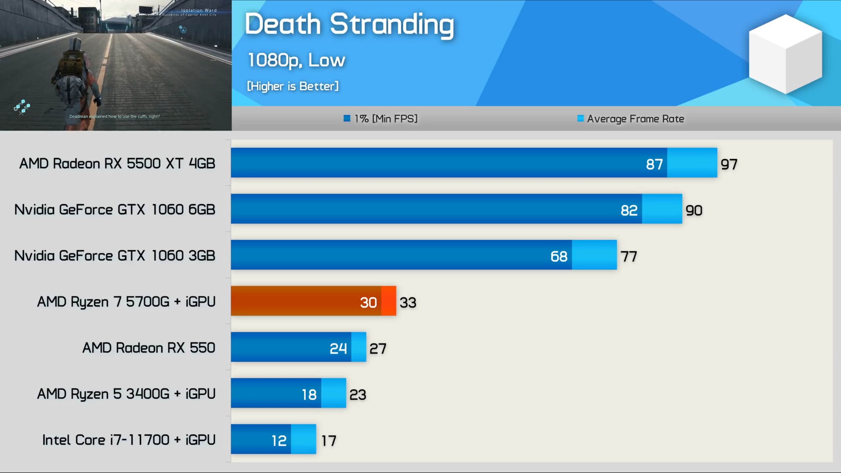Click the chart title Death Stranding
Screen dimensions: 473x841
click(349, 25)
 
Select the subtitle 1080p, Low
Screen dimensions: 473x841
click(296, 60)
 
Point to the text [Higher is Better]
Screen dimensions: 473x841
click(292, 86)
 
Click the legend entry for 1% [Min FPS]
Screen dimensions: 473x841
click(381, 119)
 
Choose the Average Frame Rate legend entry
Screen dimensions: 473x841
click(631, 119)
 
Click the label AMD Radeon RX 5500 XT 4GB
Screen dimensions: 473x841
click(117, 163)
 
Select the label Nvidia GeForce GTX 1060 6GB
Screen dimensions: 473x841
click(115, 210)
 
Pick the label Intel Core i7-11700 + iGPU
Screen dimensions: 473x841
click(129, 440)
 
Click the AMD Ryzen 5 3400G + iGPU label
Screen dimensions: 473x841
click(126, 394)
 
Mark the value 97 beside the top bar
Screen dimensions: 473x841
click(729, 164)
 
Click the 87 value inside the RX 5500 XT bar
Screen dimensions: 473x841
click(654, 164)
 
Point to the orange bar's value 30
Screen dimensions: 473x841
click(368, 303)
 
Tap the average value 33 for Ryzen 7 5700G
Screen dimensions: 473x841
click(408, 303)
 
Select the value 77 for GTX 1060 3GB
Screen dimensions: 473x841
click(629, 257)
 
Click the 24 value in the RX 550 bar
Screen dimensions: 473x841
click(338, 349)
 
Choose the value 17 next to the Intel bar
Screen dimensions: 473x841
click(329, 441)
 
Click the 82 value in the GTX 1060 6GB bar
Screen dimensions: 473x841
click(629, 210)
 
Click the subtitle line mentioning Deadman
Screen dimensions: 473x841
click(114, 116)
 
